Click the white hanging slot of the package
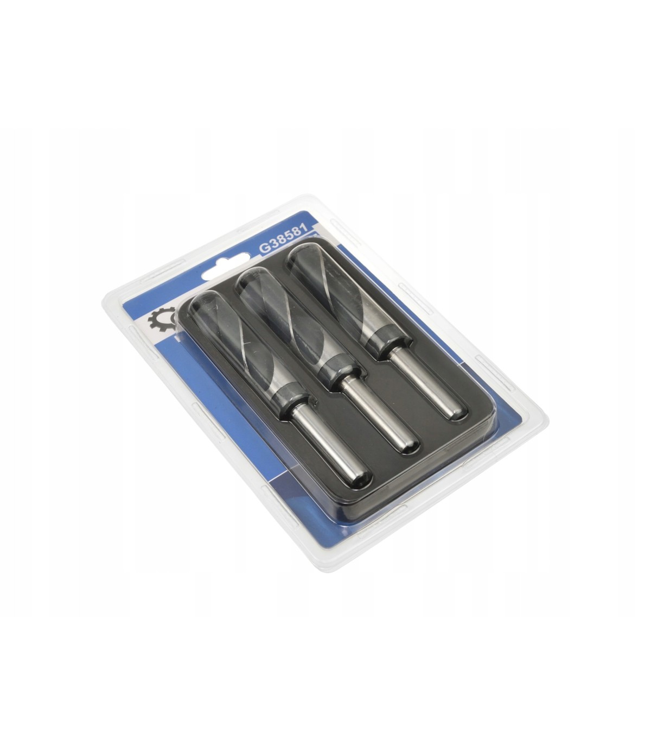pos(226,266)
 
